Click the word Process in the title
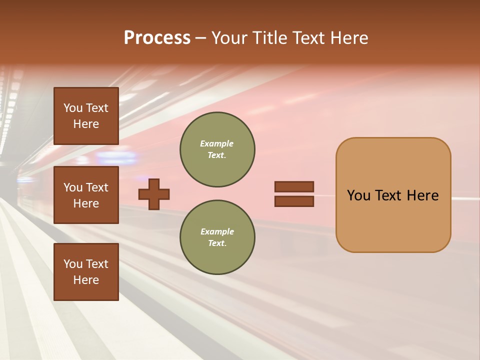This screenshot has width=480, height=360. click(x=157, y=38)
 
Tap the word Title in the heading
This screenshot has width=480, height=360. click(x=270, y=38)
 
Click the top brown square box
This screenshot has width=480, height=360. click(x=86, y=116)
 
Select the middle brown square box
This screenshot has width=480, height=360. click(x=86, y=195)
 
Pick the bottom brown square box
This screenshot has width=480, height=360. click(x=86, y=272)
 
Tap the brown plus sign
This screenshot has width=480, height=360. click(x=154, y=194)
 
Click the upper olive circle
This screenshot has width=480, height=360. click(x=217, y=149)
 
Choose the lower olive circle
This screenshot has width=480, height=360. click(x=217, y=237)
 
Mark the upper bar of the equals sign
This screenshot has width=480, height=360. click(x=294, y=186)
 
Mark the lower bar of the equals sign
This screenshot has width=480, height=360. click(x=294, y=201)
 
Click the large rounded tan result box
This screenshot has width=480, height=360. click(x=393, y=195)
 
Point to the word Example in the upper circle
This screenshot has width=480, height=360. click(x=216, y=143)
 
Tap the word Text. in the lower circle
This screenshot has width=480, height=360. click(x=217, y=243)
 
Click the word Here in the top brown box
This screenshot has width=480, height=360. click(x=86, y=124)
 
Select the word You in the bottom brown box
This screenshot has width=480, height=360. click(x=73, y=264)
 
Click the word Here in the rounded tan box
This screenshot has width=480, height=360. click(x=422, y=195)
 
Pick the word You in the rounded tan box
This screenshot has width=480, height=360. click(x=358, y=195)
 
